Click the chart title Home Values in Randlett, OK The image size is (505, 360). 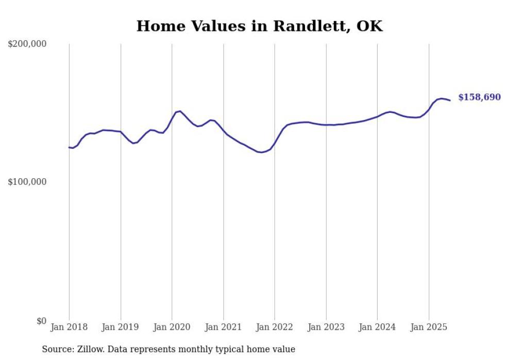[x=259, y=26]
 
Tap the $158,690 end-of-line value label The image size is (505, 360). [x=479, y=97]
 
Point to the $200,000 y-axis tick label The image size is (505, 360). [x=27, y=44]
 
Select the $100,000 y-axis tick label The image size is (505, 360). [x=27, y=182]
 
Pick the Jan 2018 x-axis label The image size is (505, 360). [x=69, y=327]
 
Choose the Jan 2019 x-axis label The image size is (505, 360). [x=121, y=327]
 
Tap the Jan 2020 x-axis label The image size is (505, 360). [x=172, y=327]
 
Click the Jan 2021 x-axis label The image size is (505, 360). [x=223, y=327]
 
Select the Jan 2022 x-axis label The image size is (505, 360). [x=275, y=327]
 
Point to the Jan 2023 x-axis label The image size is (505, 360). [x=326, y=327]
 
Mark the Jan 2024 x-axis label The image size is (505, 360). [x=377, y=327]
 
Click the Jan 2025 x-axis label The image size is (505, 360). [x=429, y=327]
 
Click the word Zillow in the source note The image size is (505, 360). [x=89, y=349]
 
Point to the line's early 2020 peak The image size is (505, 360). [x=179, y=111]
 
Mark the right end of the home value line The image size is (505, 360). [x=450, y=100]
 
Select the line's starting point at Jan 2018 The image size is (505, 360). [x=69, y=147]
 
